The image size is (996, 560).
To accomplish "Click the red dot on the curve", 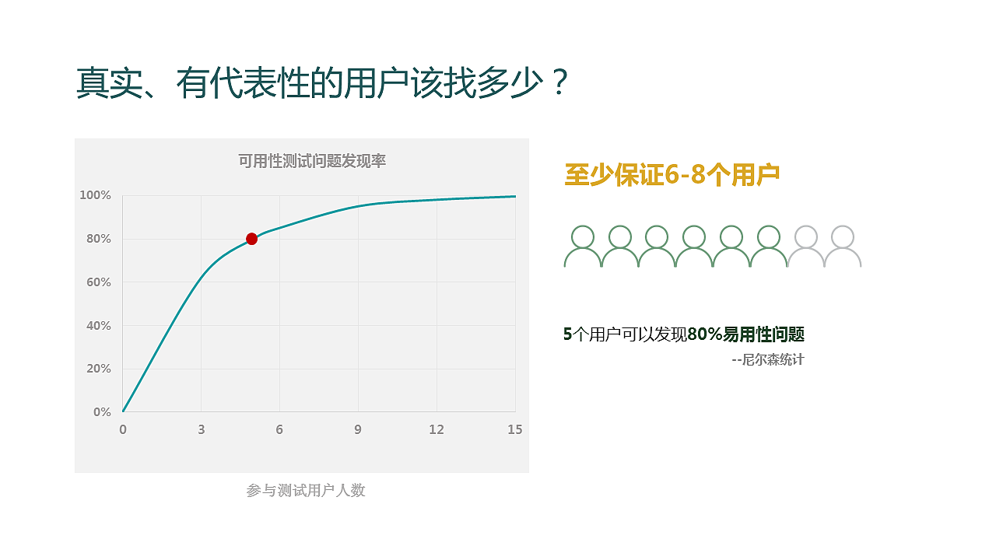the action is click(251, 239).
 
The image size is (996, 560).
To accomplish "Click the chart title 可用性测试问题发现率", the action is click(312, 161).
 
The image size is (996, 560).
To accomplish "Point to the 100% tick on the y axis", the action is click(95, 195).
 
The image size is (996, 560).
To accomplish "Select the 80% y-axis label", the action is click(99, 239).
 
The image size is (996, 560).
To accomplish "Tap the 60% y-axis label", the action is click(99, 282).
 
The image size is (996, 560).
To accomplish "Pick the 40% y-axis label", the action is click(99, 326).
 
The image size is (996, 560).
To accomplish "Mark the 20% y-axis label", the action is click(99, 369).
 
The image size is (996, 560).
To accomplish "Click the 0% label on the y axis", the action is click(102, 412).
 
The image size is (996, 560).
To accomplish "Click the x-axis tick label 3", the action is click(202, 429).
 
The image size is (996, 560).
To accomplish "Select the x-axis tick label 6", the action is click(279, 429).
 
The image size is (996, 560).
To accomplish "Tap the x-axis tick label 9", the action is click(358, 429).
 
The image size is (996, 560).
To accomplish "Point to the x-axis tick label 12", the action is click(437, 429).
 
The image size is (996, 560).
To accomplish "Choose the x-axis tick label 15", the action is click(515, 429).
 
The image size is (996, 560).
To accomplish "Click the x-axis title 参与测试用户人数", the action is click(306, 491).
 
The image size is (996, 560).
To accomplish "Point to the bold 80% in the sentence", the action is click(705, 334).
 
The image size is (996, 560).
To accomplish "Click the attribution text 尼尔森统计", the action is click(773, 359).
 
